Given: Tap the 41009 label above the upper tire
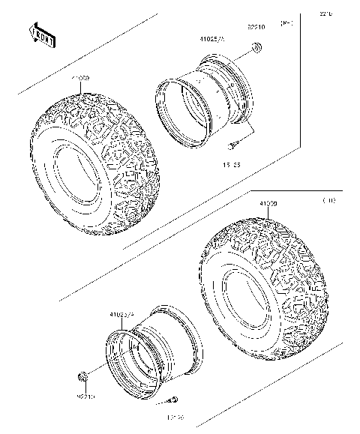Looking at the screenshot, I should click(x=81, y=78).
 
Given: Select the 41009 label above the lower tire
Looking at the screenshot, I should click(x=268, y=204).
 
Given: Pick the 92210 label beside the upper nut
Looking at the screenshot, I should click(x=256, y=29).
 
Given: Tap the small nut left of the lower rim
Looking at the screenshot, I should click(x=82, y=375).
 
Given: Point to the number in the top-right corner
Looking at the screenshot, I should click(x=325, y=13).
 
